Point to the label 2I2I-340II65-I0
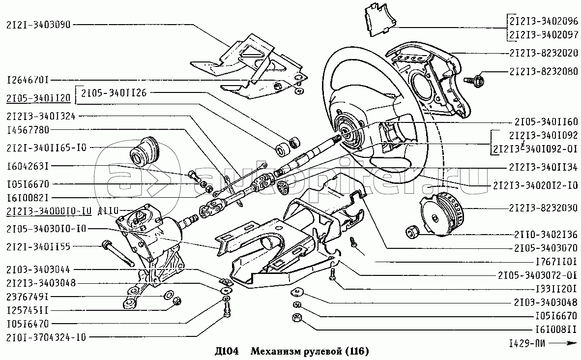(x=47, y=147)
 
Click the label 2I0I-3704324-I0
(x=47, y=337)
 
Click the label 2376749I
(x=29, y=297)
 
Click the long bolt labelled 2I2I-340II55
(x=118, y=252)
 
